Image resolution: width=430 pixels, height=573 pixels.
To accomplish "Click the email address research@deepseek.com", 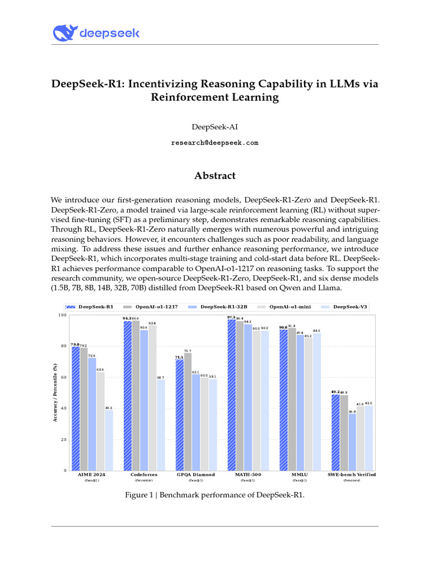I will (214, 143).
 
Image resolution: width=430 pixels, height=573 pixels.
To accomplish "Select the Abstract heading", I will (214, 176).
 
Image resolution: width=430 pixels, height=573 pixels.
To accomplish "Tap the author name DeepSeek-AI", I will (214, 127).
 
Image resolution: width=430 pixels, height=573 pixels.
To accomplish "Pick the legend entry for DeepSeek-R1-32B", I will (218, 307).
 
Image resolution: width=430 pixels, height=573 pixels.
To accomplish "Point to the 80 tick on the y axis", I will (62, 346).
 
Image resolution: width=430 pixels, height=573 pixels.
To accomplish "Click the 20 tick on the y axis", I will (62, 440).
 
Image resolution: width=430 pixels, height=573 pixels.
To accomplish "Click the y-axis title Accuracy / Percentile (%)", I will (55, 392).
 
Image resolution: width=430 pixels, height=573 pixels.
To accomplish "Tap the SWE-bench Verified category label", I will (351, 475).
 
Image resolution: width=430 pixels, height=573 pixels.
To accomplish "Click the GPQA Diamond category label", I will (196, 475).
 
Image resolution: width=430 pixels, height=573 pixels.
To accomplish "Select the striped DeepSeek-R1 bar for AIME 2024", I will (75, 408).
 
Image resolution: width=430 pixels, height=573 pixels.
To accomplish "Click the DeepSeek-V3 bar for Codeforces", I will (161, 425).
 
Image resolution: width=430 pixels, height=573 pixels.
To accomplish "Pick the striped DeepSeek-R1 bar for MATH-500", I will (231, 394).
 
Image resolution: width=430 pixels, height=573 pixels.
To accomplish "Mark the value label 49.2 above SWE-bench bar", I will (335, 392).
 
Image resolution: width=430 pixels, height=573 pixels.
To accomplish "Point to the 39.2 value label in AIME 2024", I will (109, 408).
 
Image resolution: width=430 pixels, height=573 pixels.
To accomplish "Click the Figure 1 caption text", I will (214, 495).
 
